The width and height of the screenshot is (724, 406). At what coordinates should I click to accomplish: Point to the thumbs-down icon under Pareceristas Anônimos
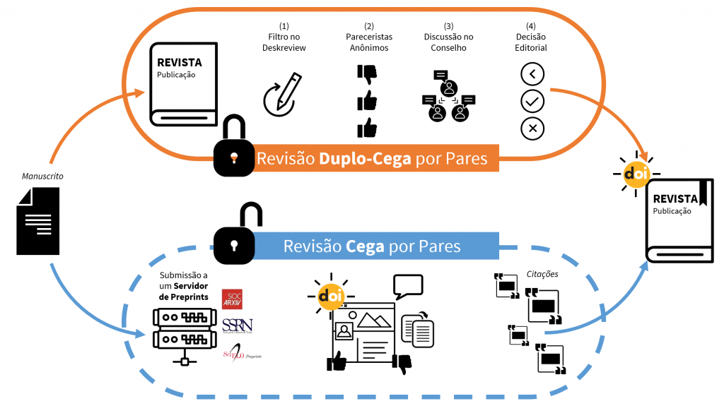(367, 74)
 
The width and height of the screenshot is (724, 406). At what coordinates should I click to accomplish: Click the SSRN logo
(237, 326)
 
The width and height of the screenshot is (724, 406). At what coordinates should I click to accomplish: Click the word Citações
(542, 274)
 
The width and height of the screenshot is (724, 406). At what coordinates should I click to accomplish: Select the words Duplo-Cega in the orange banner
(365, 159)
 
